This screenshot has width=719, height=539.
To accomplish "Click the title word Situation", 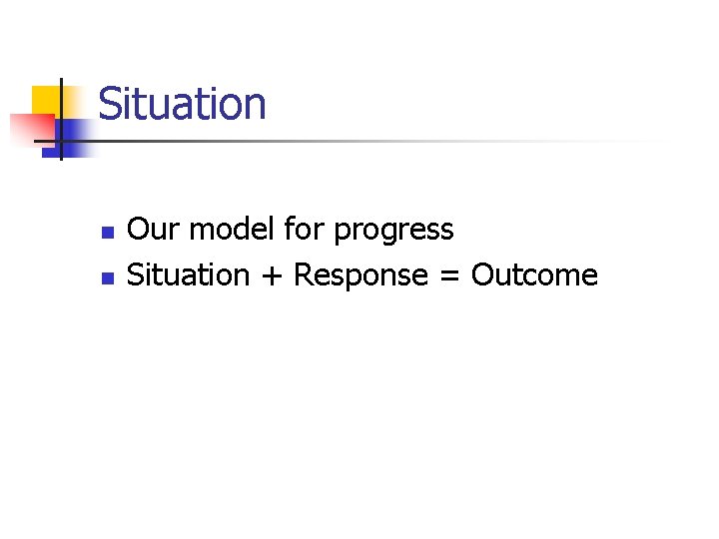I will click(183, 105).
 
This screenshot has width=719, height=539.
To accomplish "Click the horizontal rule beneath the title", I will click(379, 141).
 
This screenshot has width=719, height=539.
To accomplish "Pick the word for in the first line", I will click(305, 231).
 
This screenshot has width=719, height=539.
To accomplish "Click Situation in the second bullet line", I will click(189, 275).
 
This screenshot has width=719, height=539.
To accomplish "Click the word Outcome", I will click(534, 275).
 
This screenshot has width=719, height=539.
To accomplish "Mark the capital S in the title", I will click(109, 105).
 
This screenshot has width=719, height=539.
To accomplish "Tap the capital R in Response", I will click(302, 275).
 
